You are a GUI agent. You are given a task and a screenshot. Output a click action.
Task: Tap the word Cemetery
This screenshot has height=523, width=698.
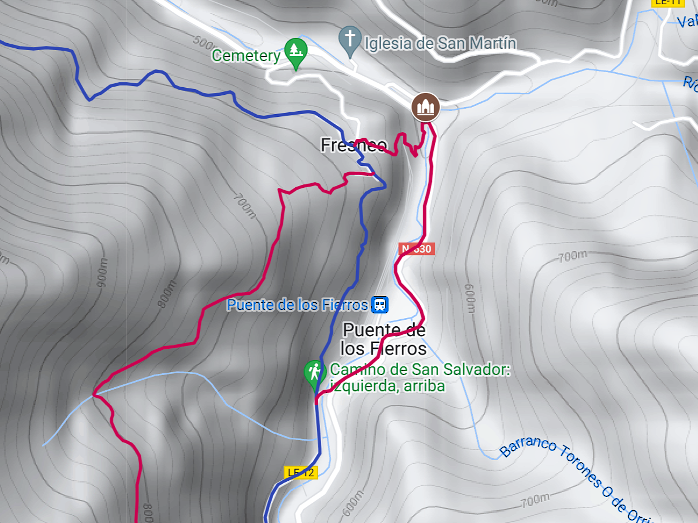pyautogui.click(x=246, y=56)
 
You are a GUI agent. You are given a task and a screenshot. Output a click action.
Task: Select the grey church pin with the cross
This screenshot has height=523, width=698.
pyautogui.click(x=350, y=39)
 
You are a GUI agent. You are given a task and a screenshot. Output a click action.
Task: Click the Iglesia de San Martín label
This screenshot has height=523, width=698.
pyautogui.click(x=440, y=44)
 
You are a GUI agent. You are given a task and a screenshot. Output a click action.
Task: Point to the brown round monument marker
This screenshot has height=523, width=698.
pyautogui.click(x=425, y=107)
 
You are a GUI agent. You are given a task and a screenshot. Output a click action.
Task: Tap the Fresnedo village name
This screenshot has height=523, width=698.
pyautogui.click(x=354, y=145)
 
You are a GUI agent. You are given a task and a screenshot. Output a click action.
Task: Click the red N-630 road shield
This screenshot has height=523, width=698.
pyautogui.click(x=416, y=249)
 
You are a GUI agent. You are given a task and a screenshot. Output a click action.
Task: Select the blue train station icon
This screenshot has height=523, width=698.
pyautogui.click(x=380, y=305)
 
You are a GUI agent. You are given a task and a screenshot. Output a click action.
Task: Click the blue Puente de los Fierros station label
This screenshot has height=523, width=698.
pyautogui.click(x=297, y=305)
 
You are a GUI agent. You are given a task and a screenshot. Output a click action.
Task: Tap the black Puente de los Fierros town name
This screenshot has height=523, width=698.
pyautogui.click(x=384, y=339)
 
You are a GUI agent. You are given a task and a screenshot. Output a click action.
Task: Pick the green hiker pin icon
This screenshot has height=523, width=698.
pyautogui.click(x=314, y=373)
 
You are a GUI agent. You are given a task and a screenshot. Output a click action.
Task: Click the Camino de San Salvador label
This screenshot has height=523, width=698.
pyautogui.click(x=419, y=370)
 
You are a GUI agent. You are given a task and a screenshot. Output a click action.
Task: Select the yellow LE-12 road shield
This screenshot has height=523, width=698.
pyautogui.click(x=301, y=472)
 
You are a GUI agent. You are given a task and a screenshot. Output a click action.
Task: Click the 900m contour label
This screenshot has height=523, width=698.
pyautogui.click(x=102, y=273)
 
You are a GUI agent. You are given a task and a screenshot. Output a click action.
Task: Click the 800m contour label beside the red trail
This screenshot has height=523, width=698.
pyautogui.click(x=167, y=294)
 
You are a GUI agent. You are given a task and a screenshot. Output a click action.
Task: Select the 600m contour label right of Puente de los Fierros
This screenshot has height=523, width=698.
pyautogui.click(x=470, y=298)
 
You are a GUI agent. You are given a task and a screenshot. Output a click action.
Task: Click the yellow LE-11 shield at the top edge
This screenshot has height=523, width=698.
pyautogui.click(x=668, y=2)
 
